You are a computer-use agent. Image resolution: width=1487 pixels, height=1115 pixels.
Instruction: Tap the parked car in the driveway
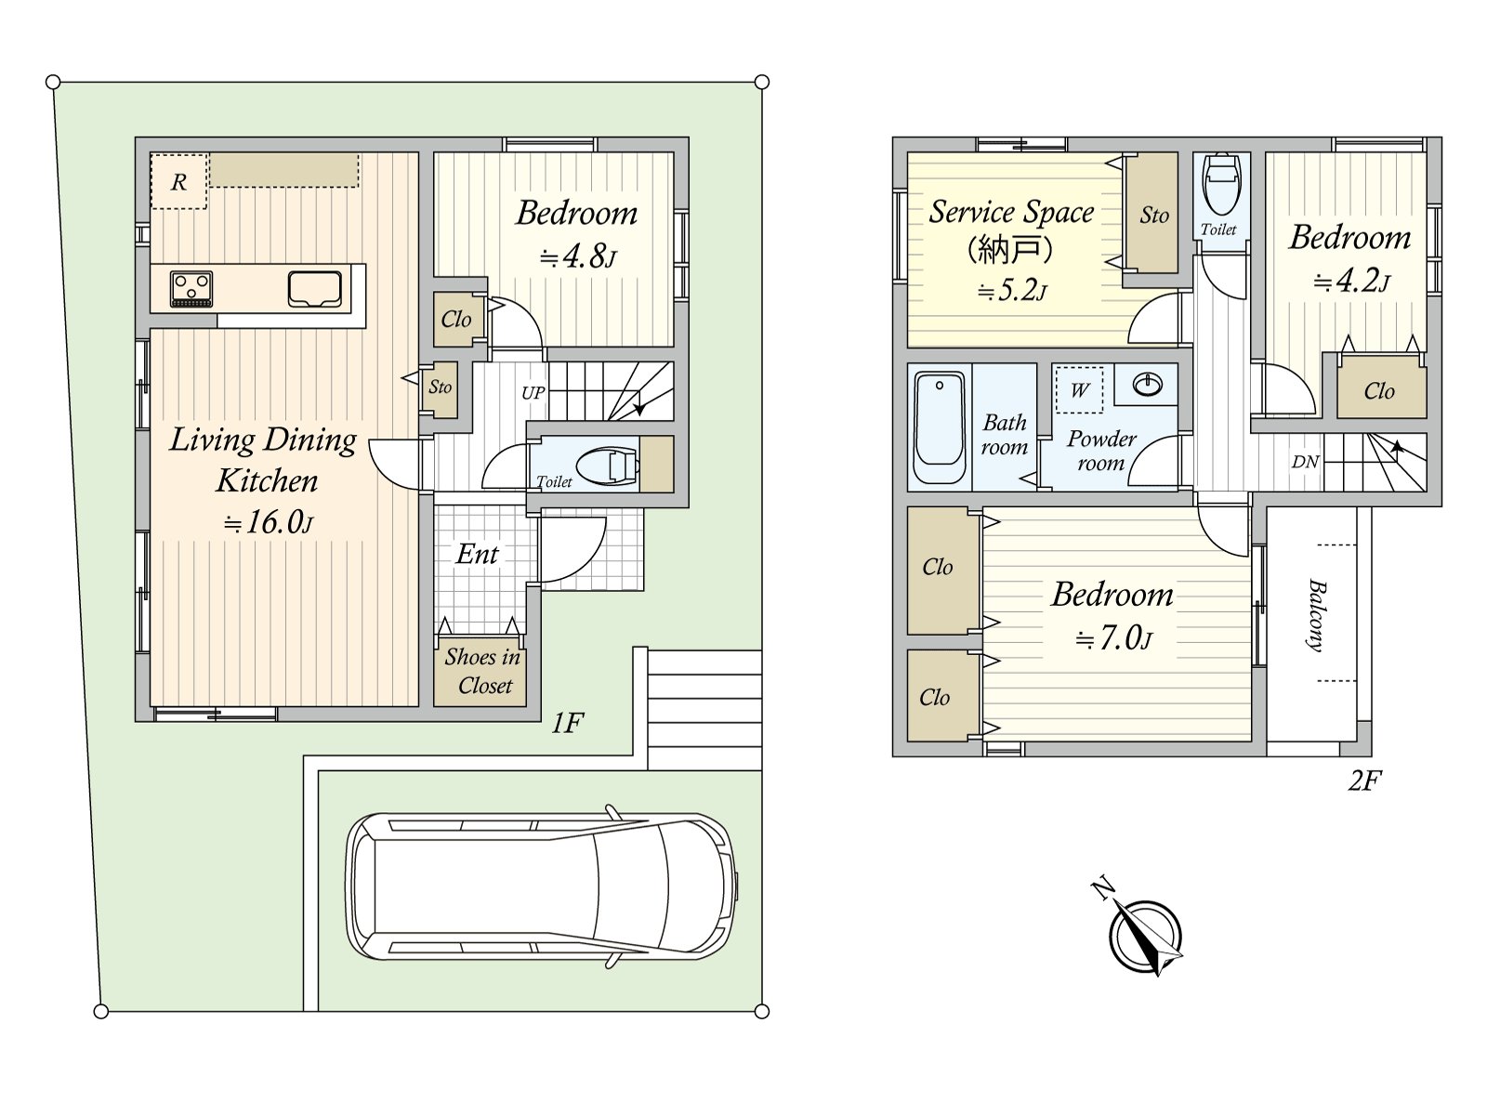point(542,886)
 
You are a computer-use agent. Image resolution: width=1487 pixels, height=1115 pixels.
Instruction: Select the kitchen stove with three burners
point(191,289)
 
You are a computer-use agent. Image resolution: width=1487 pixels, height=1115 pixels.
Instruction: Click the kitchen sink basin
point(314,289)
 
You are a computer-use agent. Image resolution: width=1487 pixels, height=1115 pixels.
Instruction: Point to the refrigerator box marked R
point(178,181)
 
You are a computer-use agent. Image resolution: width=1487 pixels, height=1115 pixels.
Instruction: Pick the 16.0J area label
point(269,522)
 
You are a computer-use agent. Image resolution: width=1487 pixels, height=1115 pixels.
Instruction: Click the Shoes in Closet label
point(483,671)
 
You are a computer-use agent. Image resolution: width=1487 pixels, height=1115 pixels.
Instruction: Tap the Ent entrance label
point(477,555)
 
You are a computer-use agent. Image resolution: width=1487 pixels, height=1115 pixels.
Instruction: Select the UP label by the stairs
point(533,393)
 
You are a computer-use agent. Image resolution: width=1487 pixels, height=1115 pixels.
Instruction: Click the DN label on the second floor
point(1305,462)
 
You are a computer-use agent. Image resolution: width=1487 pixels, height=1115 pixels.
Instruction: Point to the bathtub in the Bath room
point(940,427)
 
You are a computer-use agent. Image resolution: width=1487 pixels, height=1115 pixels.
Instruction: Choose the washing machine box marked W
point(1079,390)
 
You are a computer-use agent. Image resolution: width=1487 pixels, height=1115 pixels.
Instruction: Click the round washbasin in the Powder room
point(1148,385)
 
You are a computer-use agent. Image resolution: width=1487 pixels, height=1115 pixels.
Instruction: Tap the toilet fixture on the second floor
point(1221,178)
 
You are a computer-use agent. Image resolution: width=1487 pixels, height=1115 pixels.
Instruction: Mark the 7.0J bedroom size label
point(1113,637)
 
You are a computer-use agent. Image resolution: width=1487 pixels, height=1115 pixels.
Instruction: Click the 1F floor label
point(567,724)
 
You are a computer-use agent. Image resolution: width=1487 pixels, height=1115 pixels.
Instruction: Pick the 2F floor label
point(1364,780)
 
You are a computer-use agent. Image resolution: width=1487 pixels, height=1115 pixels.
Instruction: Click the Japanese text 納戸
point(1010,251)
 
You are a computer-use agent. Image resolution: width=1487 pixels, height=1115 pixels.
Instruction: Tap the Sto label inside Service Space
point(1154,216)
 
